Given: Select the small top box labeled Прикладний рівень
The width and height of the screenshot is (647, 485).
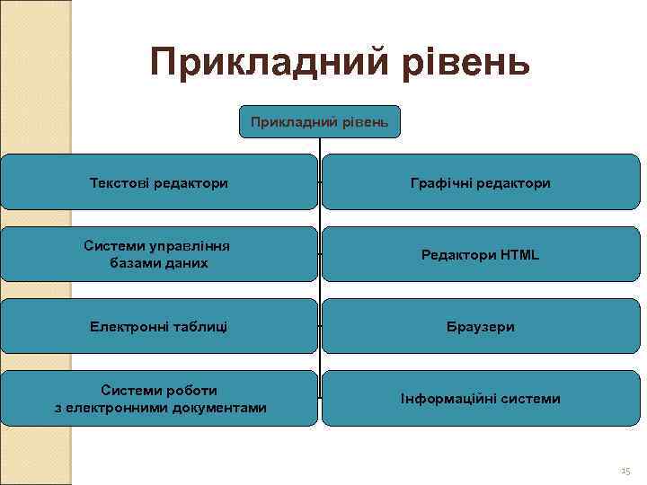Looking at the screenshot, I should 320,121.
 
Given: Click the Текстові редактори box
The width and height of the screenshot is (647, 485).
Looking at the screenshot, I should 159,182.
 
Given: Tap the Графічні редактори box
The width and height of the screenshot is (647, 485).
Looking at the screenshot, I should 480,182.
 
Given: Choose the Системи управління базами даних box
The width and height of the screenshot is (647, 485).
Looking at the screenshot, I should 159,254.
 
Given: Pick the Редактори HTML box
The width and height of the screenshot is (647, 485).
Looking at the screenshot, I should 480,254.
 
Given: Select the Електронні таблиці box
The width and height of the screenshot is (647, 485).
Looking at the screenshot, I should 159,326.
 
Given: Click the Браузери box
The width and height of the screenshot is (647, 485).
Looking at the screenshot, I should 480,326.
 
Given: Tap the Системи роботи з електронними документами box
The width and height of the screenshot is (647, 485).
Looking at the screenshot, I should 159,398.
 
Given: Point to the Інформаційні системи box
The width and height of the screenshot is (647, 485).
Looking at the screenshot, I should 480,398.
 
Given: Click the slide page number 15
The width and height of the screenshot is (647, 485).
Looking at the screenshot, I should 625,471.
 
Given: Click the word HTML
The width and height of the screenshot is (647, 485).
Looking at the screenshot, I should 519,255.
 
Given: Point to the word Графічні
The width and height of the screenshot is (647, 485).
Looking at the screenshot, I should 439,183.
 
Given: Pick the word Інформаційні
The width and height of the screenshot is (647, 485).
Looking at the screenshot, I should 445,399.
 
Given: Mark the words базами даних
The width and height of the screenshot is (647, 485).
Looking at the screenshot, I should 159,263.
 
